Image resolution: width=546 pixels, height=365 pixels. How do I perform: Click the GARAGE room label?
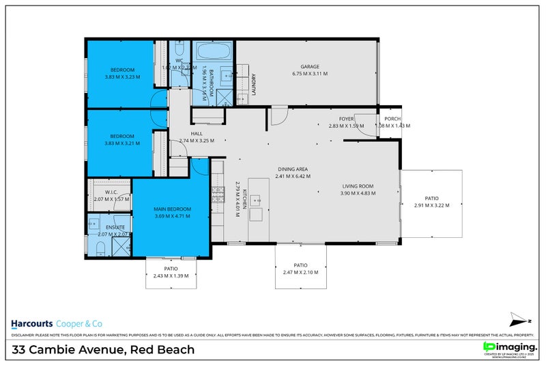coord(310,66)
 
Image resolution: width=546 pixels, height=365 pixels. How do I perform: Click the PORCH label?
coord(392,118)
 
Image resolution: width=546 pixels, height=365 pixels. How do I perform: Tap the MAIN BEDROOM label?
coord(171,208)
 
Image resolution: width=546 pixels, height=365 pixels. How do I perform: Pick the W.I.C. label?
coord(112,192)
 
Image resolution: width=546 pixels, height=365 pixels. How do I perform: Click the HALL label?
coord(197,133)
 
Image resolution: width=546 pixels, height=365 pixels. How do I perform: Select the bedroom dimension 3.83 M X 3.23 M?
coord(123,77)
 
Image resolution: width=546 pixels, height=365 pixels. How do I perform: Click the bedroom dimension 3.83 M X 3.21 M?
coord(123,144)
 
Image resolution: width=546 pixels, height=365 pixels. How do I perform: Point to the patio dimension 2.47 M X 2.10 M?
coord(300,273)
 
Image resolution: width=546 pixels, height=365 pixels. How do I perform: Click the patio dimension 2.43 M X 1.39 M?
coord(171,276)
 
